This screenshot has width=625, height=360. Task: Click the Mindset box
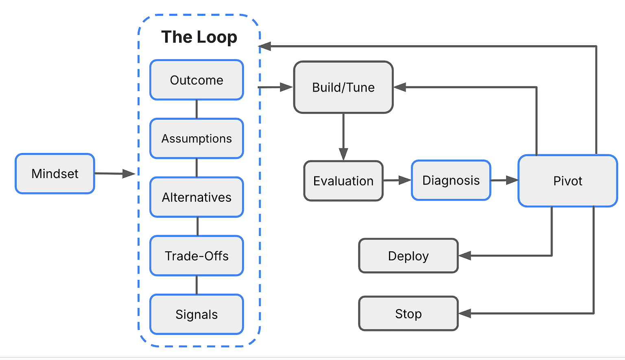55,174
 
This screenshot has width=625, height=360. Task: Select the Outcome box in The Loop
197,80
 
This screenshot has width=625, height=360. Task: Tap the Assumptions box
197,139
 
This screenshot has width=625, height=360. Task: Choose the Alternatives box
197,197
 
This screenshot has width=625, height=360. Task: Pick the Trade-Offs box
197,256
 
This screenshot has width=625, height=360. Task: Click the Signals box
197,314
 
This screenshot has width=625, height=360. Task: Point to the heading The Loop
199,37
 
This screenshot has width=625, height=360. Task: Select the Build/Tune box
343,87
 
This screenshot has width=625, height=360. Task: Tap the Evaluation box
343,181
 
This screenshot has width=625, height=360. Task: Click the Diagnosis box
451,180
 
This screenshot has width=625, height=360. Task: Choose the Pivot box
568,181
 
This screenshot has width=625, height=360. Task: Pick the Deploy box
408,256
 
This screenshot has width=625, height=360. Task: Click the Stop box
408,314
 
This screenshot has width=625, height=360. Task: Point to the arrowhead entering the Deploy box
465,256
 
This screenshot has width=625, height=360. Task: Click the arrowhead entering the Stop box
465,314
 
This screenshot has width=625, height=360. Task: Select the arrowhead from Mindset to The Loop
129,174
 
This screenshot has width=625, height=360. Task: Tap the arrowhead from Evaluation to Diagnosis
405,180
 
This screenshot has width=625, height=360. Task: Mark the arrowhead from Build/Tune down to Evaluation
343,154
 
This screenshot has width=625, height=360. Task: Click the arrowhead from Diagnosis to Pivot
512,180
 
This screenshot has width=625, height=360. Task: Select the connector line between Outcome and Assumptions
197,109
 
